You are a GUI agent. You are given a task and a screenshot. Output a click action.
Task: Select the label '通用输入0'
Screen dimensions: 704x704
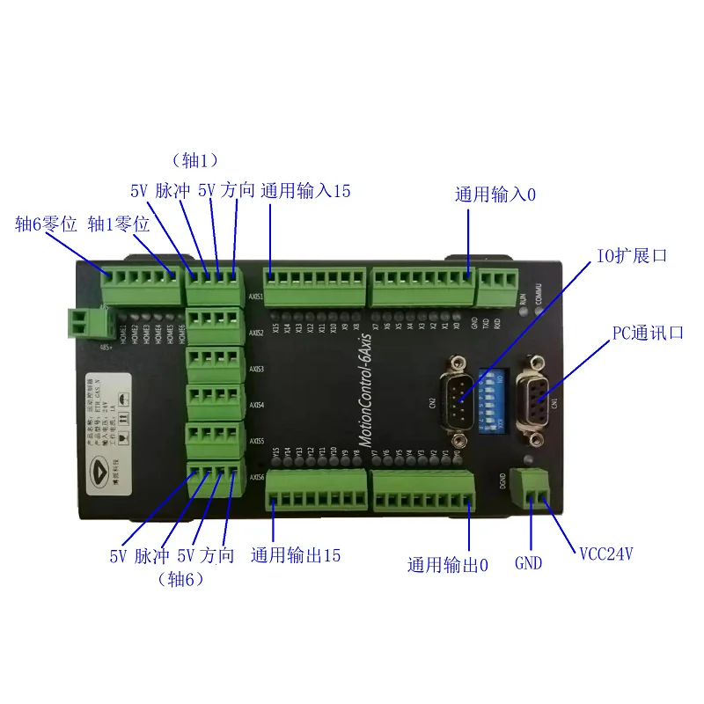[495, 194]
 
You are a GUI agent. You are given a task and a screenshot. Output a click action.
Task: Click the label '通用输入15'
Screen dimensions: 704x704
[305, 190]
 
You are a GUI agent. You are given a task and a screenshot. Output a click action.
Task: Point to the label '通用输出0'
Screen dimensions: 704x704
[447, 564]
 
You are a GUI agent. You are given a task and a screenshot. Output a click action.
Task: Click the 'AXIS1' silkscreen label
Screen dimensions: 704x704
[256, 297]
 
